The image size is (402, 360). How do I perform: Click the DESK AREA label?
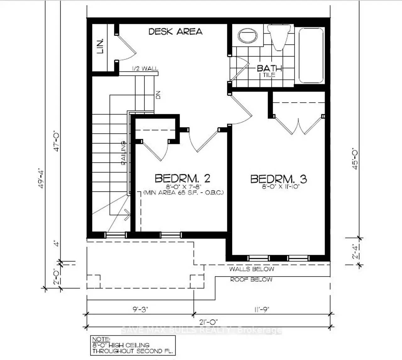point(175,31)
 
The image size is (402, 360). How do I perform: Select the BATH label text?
point(269,68)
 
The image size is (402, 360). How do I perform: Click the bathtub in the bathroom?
point(311,55)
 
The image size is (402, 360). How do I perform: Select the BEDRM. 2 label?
point(182,178)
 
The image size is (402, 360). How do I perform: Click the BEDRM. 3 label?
point(279,179)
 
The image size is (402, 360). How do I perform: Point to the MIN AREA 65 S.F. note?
point(183,192)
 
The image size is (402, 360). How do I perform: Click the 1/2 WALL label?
point(145,69)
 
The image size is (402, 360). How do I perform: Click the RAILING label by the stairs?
point(124,153)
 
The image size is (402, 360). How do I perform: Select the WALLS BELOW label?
point(251,269)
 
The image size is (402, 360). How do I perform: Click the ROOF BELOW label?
point(251,279)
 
